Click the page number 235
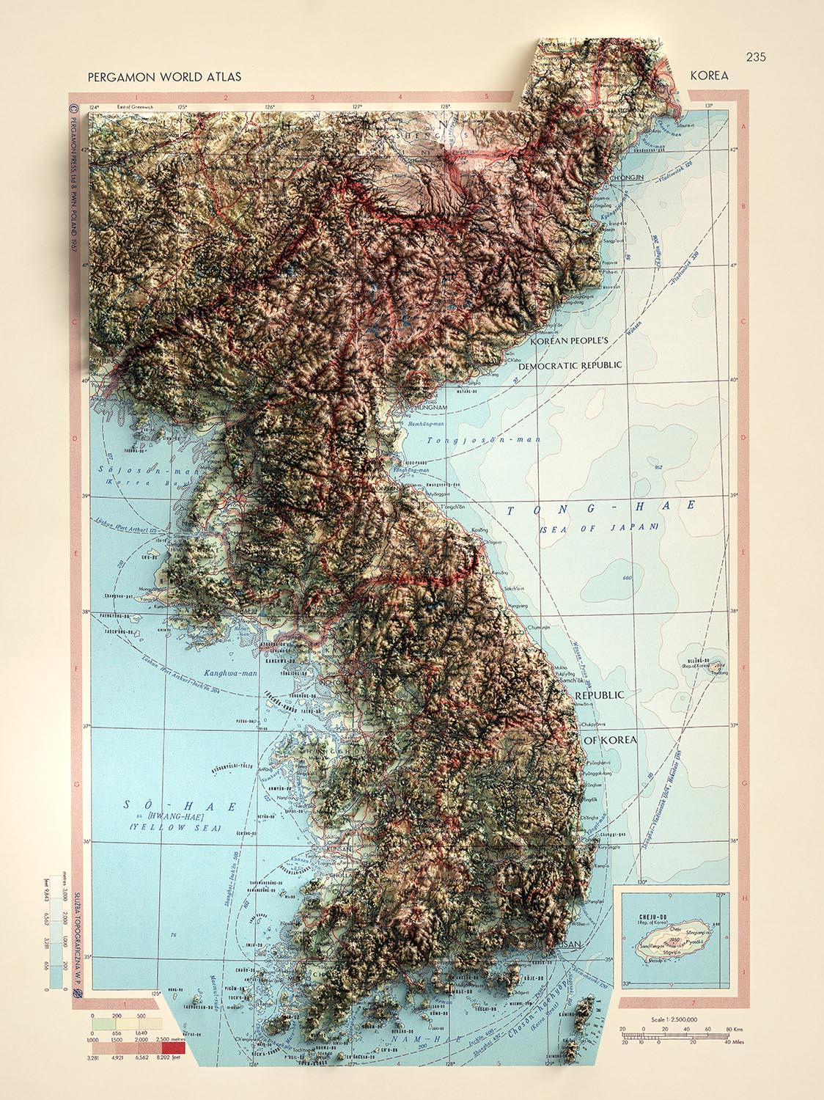click(756, 57)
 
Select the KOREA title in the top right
click(708, 76)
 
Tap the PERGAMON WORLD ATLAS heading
click(163, 76)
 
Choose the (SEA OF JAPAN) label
click(599, 527)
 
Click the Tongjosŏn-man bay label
click(484, 440)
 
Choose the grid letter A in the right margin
click(745, 127)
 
